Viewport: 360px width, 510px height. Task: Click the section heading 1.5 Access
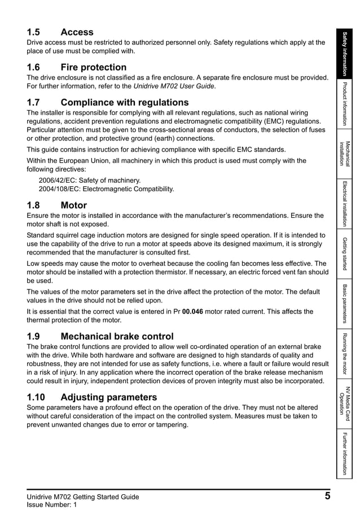pyautogui.click(x=60, y=32)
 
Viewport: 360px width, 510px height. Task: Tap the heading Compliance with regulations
pyautogui.click(x=108, y=103)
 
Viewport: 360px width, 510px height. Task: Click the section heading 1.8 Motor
pyautogui.click(x=57, y=205)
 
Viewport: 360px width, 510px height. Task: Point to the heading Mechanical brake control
pyautogui.click(x=100, y=336)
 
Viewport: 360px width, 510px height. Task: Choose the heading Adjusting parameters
pyautogui.click(x=92, y=397)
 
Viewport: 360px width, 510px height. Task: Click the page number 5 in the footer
pyautogui.click(x=327, y=496)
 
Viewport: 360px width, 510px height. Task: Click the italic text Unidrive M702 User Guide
pyautogui.click(x=174, y=86)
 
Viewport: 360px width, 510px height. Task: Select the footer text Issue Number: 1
pyautogui.click(x=51, y=504)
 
